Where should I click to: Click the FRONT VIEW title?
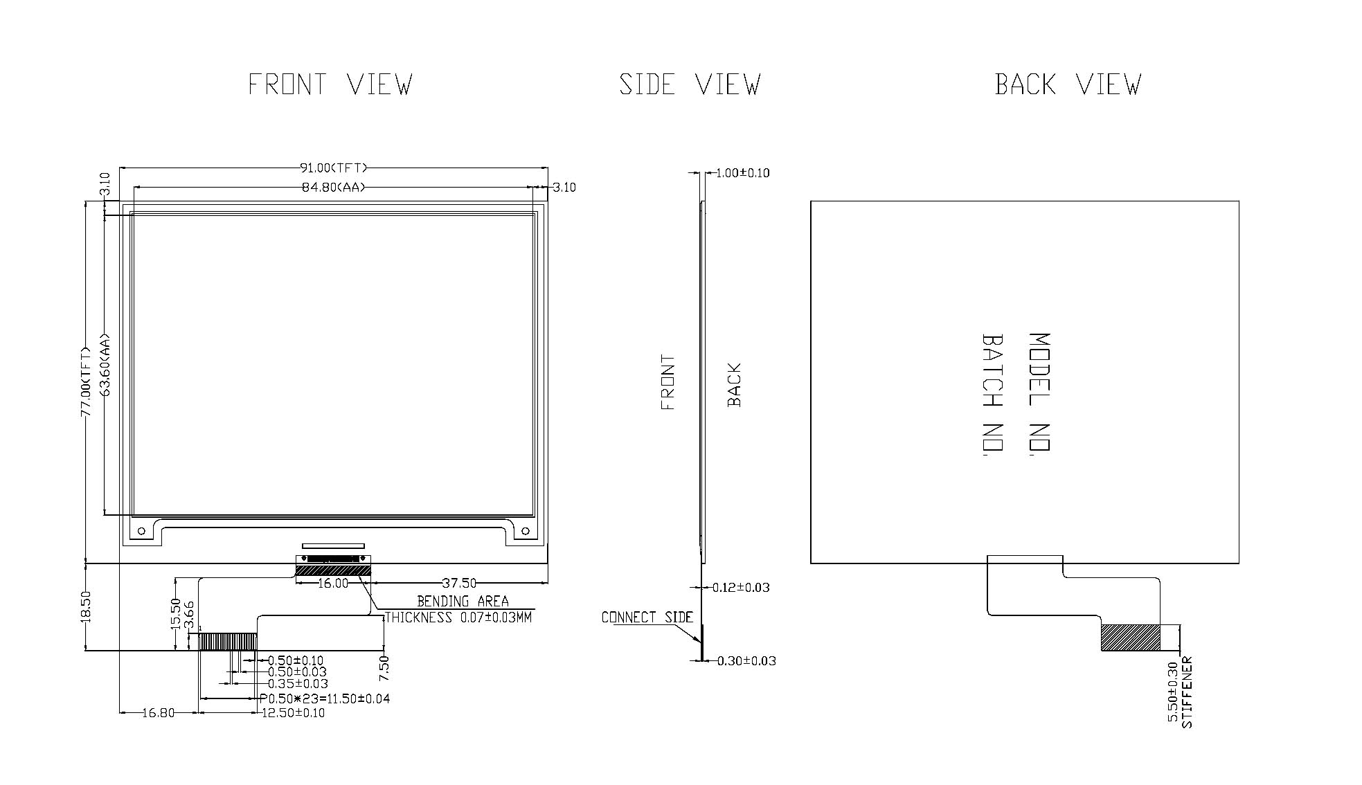click(x=330, y=84)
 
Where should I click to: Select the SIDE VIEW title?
click(x=690, y=84)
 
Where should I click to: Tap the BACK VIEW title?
click(x=1068, y=84)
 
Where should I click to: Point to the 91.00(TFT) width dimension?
click(x=333, y=168)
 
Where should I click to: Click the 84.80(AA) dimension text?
click(x=333, y=187)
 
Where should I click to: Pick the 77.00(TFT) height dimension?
click(x=86, y=381)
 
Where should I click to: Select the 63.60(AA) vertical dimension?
click(x=105, y=365)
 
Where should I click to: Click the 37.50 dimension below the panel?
click(x=459, y=584)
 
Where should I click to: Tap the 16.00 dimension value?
click(x=333, y=584)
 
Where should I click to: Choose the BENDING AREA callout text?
click(x=463, y=602)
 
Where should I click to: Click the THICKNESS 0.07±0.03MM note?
click(x=458, y=617)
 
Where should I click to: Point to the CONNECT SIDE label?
click(x=647, y=617)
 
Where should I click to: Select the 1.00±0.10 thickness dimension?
click(x=742, y=173)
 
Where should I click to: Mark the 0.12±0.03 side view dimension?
click(x=741, y=588)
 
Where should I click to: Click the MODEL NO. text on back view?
click(x=1040, y=392)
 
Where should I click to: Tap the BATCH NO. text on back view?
click(x=993, y=394)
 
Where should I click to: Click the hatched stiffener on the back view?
click(x=1130, y=638)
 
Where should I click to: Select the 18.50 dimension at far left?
click(x=86, y=606)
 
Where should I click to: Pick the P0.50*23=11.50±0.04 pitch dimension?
click(x=325, y=698)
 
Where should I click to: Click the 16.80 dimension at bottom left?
click(x=159, y=713)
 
